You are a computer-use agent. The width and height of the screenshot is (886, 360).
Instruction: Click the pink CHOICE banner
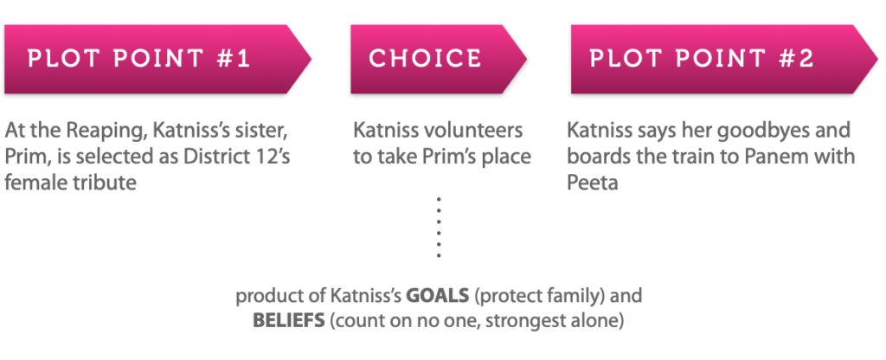click(x=439, y=59)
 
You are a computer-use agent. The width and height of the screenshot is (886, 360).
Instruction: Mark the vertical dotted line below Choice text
click(x=439, y=228)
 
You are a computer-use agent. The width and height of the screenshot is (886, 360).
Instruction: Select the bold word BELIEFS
click(x=289, y=321)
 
